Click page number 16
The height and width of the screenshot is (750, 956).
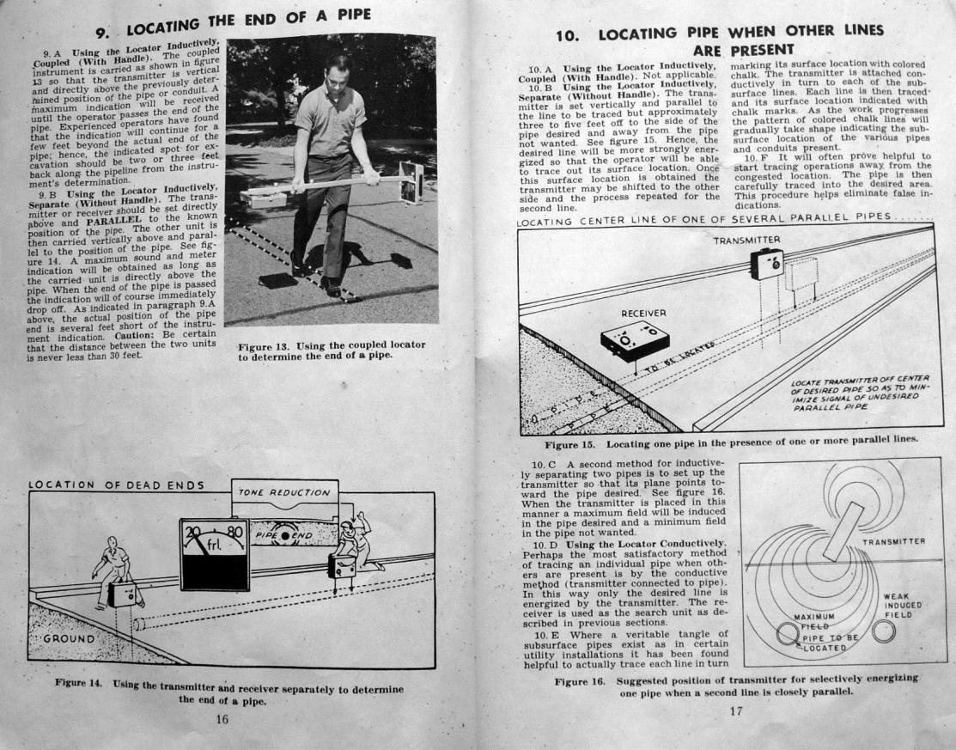pyautogui.click(x=222, y=720)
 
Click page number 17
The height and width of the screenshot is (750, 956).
pyautogui.click(x=736, y=711)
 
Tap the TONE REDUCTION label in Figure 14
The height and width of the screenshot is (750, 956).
pyautogui.click(x=284, y=492)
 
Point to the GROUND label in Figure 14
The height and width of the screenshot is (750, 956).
pyautogui.click(x=69, y=638)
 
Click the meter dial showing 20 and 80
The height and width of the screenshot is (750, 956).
pyautogui.click(x=214, y=554)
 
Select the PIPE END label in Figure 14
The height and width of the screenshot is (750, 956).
pyautogui.click(x=283, y=535)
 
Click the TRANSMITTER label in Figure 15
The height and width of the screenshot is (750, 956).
pyautogui.click(x=747, y=241)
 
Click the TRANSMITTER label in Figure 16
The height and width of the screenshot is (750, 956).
pyautogui.click(x=894, y=541)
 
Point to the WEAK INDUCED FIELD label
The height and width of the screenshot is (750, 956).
pyautogui.click(x=903, y=606)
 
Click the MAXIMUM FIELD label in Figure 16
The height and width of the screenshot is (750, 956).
pyautogui.click(x=814, y=621)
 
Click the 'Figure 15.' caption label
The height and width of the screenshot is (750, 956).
pyautogui.click(x=569, y=444)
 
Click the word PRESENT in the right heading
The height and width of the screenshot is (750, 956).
pyautogui.click(x=762, y=49)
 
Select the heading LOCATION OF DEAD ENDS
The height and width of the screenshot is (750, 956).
pyautogui.click(x=116, y=485)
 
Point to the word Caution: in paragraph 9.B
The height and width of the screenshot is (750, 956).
pyautogui.click(x=137, y=337)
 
